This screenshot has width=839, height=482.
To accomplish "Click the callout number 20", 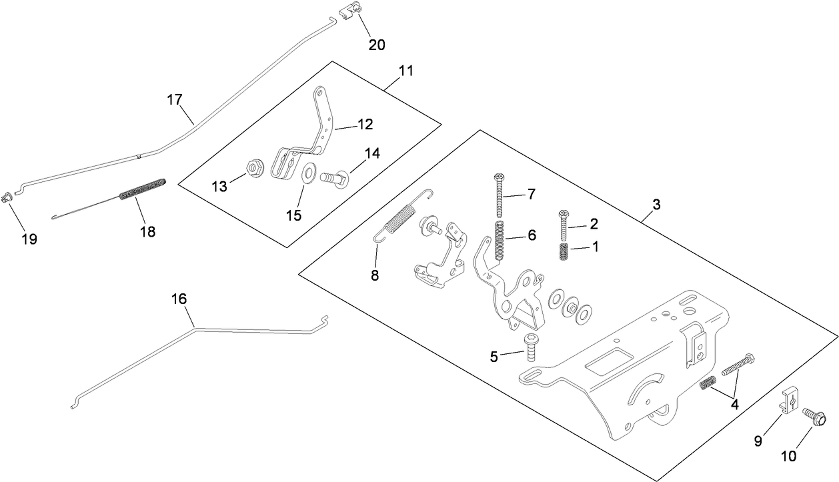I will click(377, 45).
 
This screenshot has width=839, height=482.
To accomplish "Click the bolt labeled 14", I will click(333, 178).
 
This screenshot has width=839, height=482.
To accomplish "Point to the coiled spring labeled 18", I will click(142, 189).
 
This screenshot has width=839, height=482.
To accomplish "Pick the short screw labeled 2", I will click(564, 225).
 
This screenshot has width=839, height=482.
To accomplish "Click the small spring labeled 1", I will click(564, 254).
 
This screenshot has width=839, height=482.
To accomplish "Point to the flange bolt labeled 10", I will click(814, 418).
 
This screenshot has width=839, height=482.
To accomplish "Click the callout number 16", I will click(179, 299).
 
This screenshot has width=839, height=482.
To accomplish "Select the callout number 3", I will click(656, 205).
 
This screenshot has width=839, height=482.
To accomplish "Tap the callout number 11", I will click(406, 70).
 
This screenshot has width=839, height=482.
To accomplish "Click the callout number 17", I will click(174, 100).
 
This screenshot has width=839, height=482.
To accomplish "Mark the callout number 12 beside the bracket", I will click(364, 124).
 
